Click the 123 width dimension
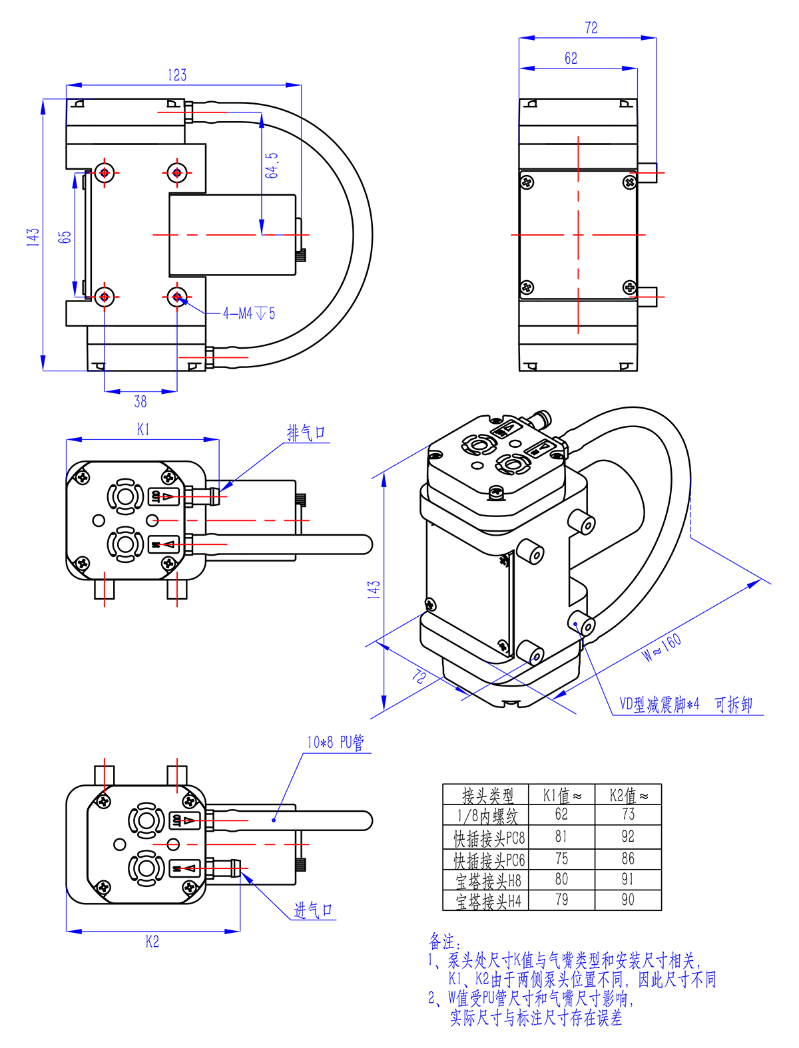177,75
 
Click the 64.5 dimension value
272,166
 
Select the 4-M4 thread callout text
248,313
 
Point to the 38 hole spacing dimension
140,401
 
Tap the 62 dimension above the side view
571,59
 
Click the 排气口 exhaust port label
306,433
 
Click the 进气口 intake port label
313,910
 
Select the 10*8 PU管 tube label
336,743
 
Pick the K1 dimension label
143,430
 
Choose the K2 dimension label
152,942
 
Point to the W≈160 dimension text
662,647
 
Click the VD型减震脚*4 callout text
659,705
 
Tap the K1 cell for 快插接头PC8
561,836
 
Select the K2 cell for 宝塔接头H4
628,900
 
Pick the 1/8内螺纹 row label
487,816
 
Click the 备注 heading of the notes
442,942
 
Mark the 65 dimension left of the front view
65,237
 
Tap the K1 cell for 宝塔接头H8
561,880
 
